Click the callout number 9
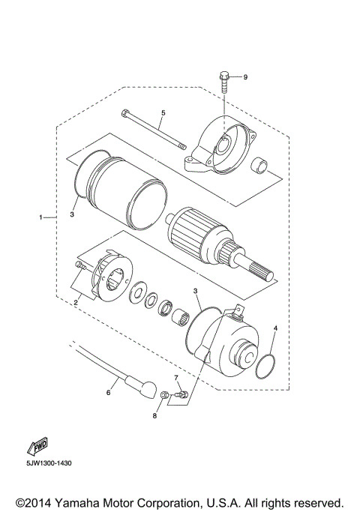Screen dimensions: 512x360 (x=244, y=77)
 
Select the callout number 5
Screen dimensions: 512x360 (x=162, y=112)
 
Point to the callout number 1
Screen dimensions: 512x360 (x=40, y=217)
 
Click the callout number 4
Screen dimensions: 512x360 (x=275, y=328)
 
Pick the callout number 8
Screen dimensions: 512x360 (x=156, y=415)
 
